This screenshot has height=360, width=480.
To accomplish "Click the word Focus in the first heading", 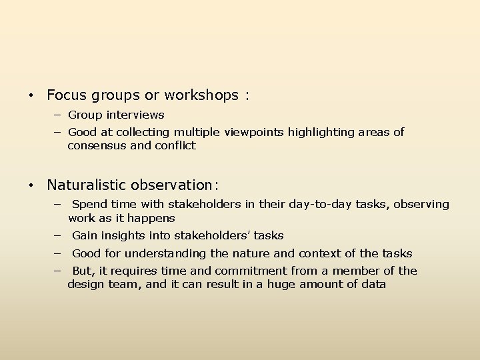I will (x=64, y=95).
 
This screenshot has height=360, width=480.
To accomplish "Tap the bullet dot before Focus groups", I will (x=32, y=96).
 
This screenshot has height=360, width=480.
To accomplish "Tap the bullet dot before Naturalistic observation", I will (x=32, y=185).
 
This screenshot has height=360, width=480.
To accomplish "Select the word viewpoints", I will (x=257, y=132).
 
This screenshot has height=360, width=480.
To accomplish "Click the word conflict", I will (x=175, y=145).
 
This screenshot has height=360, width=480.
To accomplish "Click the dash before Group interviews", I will (x=58, y=115).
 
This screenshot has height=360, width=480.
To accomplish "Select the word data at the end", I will (x=373, y=284).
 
